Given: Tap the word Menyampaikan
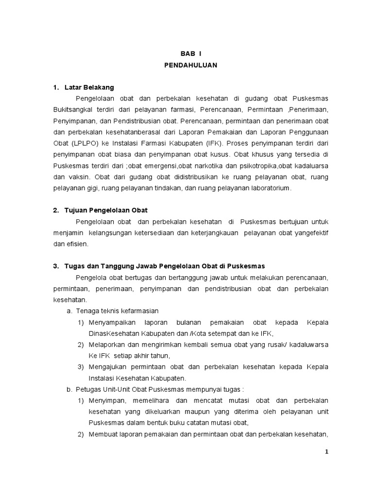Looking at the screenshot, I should (x=111, y=322).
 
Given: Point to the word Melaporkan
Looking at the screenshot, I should (x=107, y=345).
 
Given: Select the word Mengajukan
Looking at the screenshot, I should (x=108, y=366).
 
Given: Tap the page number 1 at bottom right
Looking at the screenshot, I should (x=327, y=452).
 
